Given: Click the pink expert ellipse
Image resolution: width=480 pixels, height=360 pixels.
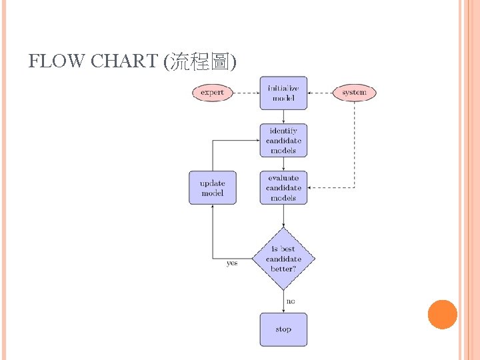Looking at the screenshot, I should coord(212,93).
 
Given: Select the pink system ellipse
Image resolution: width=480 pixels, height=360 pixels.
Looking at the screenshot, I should coord(354,93).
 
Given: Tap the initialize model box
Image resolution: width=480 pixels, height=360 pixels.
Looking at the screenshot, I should coord(283,93).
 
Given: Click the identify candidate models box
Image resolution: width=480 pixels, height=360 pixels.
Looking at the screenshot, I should coord(283,140).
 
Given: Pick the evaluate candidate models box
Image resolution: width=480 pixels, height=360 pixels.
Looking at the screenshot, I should coord(283,187).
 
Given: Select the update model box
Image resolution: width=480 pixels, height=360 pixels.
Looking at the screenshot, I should coord(213,187).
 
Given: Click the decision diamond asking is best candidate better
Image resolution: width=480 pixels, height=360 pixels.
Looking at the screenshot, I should coord(283,259).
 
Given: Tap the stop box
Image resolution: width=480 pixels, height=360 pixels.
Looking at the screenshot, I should coord(283,329).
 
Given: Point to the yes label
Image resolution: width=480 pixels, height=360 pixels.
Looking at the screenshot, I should coord(231,263).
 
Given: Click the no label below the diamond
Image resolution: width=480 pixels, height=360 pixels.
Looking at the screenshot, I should coord(291,301).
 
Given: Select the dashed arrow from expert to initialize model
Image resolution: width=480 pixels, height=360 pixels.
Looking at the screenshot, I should coord(246,93).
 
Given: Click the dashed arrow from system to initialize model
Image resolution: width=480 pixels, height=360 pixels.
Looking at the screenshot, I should coord(320,93).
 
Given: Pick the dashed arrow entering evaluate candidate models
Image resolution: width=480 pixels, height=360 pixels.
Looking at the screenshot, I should coord(333,188).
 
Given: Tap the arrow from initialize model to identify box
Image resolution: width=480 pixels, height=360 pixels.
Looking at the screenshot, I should coord(283,116).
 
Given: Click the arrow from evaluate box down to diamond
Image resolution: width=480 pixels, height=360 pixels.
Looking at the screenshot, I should coord(283,215).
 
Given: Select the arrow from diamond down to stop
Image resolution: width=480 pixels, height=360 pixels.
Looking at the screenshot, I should coord(283,301).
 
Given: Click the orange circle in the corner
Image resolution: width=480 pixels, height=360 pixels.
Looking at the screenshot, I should coord(442,315).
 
